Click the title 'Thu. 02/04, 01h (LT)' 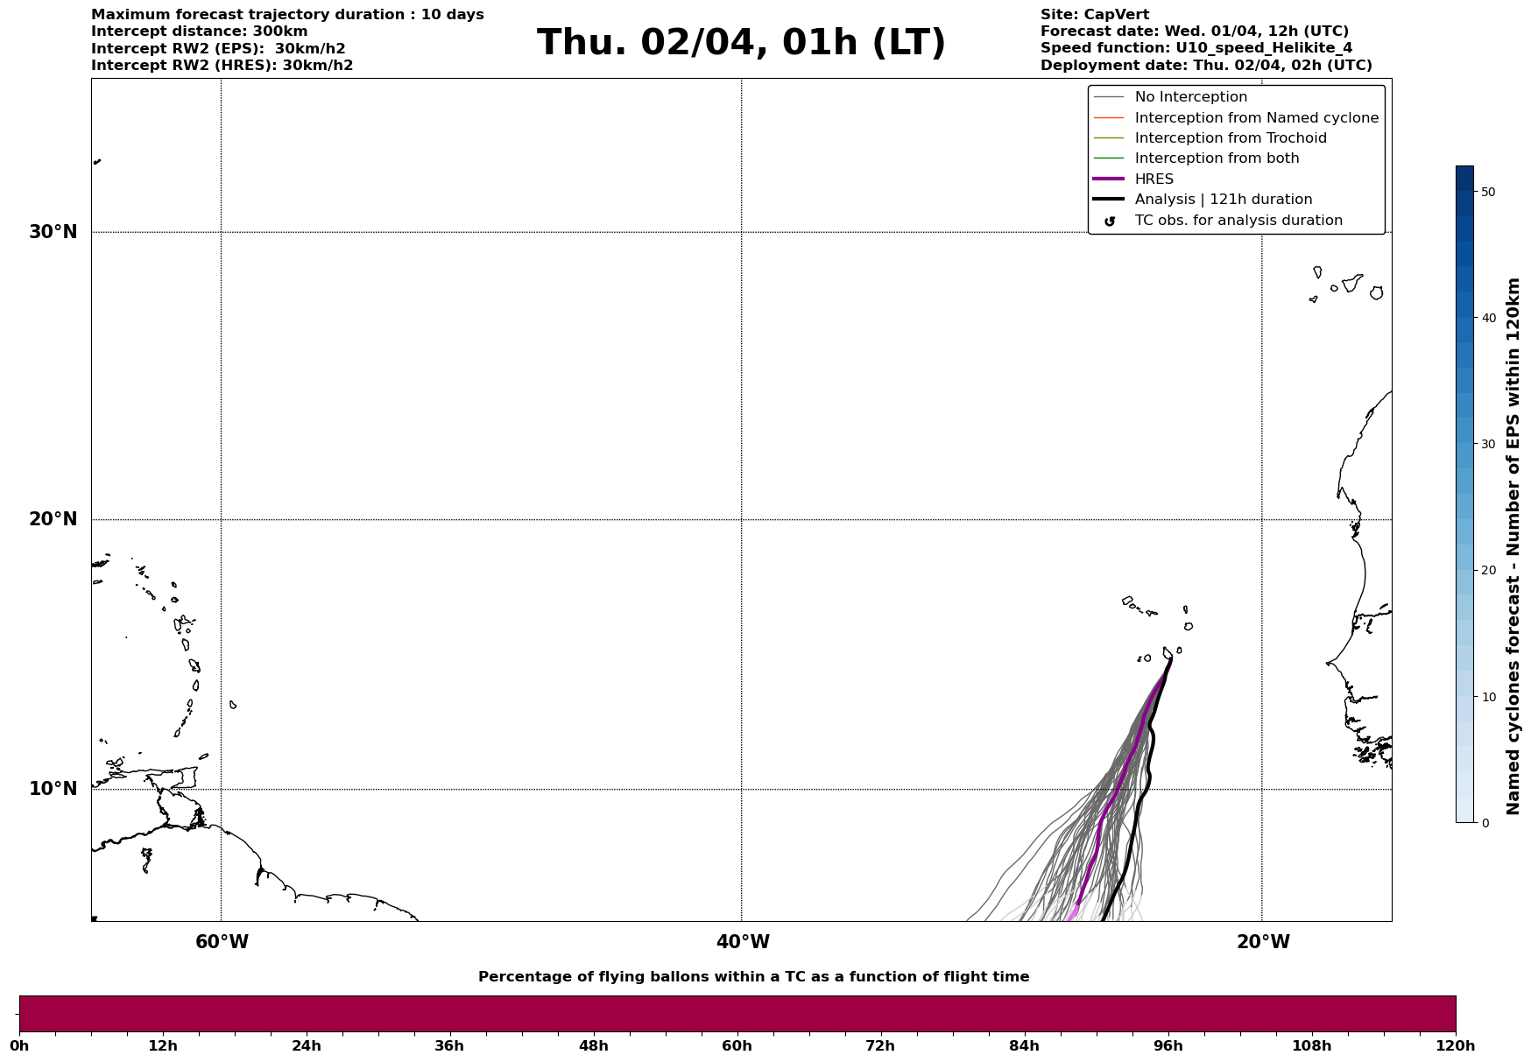tap(741, 43)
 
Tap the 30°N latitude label tap(53, 232)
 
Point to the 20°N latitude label tap(53, 519)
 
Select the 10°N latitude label tap(53, 789)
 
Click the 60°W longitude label tap(222, 942)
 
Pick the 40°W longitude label tap(743, 942)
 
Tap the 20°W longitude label tap(1263, 942)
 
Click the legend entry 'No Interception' tap(1190, 97)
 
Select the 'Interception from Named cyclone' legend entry tap(1256, 118)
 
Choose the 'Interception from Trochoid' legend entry tap(1230, 138)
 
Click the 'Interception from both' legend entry tap(1217, 158)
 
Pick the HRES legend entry tap(1154, 179)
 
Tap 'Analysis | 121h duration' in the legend tap(1223, 200)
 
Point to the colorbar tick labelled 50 tap(1487, 192)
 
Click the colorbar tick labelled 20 tap(1487, 571)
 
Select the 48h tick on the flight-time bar tap(593, 1045)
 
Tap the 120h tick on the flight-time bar tap(1456, 1045)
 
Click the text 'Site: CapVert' tap(1094, 15)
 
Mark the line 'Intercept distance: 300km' tap(200, 32)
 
